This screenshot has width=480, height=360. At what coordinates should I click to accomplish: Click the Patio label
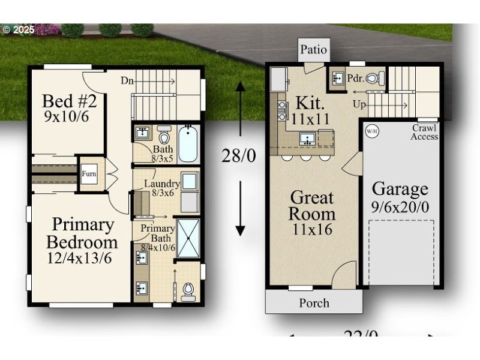click(x=313, y=50)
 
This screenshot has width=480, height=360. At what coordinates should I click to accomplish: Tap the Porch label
click(x=314, y=303)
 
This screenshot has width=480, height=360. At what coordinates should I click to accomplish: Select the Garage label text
click(x=400, y=189)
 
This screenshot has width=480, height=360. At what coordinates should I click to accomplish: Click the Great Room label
click(x=312, y=205)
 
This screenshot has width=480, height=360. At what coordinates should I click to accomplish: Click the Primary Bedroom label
click(x=82, y=233)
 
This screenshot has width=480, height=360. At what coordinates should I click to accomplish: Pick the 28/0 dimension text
click(x=239, y=156)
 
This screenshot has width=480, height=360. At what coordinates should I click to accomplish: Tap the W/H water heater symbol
click(x=372, y=130)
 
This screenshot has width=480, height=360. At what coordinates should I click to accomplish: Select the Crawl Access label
click(x=424, y=132)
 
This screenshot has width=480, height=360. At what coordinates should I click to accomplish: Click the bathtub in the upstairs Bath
click(x=188, y=144)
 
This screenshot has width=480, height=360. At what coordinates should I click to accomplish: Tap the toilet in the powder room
click(x=373, y=77)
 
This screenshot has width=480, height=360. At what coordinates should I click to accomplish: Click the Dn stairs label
click(x=127, y=80)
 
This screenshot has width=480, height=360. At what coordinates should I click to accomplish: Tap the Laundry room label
click(x=161, y=184)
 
